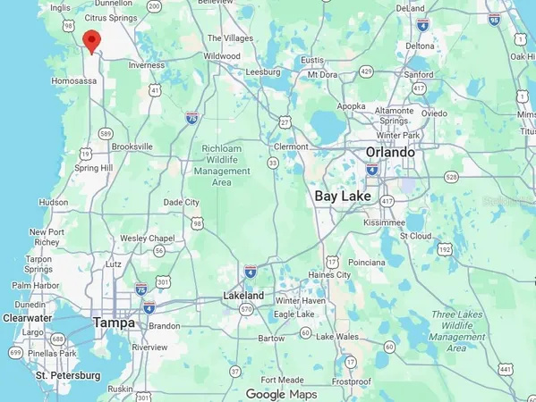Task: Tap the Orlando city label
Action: click(x=390, y=152)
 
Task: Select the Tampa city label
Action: click(x=114, y=322)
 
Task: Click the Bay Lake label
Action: click(x=343, y=196)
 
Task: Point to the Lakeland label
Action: click(x=243, y=296)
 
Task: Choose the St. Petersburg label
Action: click(x=65, y=376)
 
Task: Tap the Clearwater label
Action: click(x=27, y=317)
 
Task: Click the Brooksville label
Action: click(x=132, y=146)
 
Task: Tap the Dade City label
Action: click(x=182, y=203)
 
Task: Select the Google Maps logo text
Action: click(x=281, y=394)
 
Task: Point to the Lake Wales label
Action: click(x=336, y=336)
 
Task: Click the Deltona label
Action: click(x=420, y=46)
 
